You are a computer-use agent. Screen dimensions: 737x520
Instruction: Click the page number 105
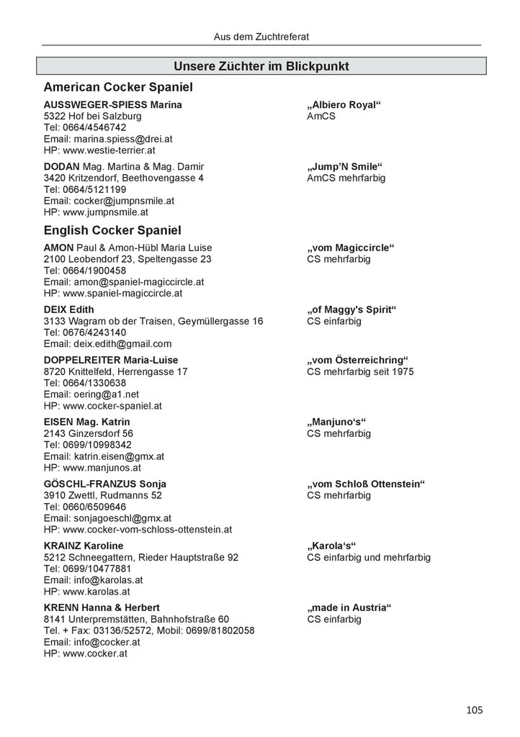tap(474, 710)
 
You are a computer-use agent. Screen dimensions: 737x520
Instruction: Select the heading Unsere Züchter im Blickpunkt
tap(261, 66)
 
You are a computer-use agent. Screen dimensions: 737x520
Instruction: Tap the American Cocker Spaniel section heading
tap(118, 87)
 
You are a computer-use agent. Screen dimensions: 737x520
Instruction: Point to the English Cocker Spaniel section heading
tap(112, 231)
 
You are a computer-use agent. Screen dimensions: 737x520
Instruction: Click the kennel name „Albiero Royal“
tap(344, 105)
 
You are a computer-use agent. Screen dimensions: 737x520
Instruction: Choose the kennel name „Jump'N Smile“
tap(344, 166)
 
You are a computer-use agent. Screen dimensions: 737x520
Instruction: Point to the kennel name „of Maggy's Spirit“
tap(352, 309)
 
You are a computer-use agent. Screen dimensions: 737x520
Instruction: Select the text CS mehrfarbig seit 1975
tap(360, 371)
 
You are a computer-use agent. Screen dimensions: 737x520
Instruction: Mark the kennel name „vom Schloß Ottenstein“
tap(366, 484)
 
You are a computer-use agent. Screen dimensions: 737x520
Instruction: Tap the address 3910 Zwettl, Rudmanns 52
tap(103, 495)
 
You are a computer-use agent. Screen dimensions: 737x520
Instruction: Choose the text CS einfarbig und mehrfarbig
tap(369, 557)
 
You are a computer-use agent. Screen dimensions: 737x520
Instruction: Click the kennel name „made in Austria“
tap(349, 607)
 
